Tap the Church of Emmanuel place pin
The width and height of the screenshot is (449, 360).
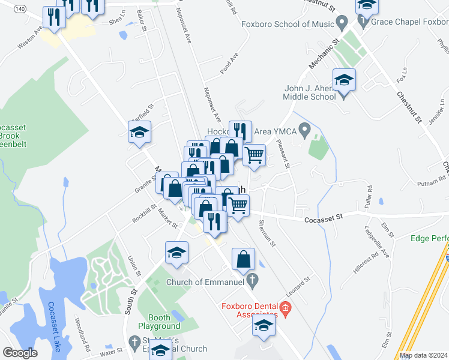tap(253, 279)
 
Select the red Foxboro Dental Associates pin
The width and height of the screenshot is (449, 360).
tap(285, 310)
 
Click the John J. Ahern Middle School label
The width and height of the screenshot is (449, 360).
tap(310, 92)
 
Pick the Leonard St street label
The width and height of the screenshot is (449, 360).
tap(298, 284)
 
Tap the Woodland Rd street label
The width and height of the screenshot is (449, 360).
tap(82, 338)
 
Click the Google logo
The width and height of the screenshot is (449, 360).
tap(20, 352)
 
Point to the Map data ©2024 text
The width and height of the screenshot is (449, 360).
tap(423, 355)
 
